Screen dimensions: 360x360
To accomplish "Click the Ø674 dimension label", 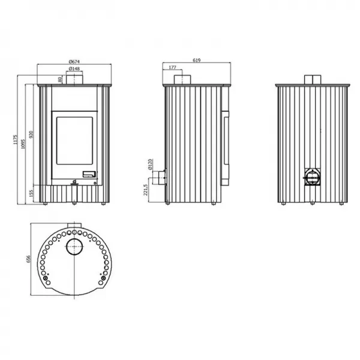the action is [74, 62].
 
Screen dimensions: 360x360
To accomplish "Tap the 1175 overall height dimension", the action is [16, 139].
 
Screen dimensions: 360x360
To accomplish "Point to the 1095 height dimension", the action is [23, 144].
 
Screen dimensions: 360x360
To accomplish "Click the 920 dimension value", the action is [31, 134].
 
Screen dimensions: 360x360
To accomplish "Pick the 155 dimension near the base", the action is [31, 193].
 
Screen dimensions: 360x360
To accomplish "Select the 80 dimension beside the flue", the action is [60, 80].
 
